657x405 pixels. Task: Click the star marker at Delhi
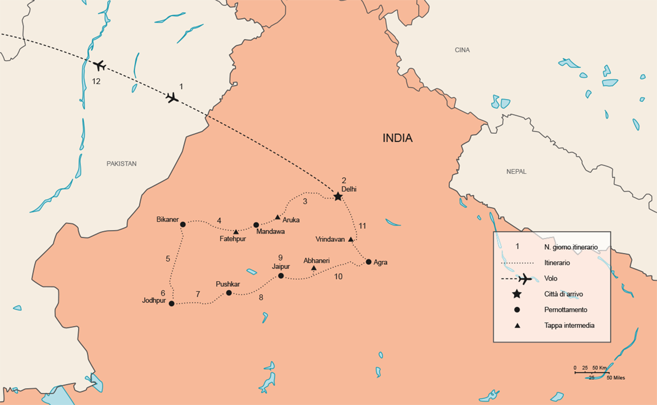point(337,196)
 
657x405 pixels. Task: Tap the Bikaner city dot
point(182,224)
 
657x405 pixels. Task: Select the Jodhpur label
point(154,301)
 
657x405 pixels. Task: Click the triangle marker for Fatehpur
point(236,232)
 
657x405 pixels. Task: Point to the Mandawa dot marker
point(256,225)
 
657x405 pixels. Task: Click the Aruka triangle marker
point(277,217)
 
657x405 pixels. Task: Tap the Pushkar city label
point(227,284)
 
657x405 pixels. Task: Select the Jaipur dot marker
point(281,276)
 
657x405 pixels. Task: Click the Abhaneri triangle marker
point(313,268)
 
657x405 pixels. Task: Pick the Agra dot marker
point(368,262)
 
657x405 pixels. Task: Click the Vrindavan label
point(330,239)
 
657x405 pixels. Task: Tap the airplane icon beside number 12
point(99,65)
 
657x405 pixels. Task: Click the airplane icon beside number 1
point(172,98)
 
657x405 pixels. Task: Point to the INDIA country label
point(398,138)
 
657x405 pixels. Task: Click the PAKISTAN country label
point(121,164)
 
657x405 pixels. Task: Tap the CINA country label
point(462,50)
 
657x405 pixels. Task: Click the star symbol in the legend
point(517,294)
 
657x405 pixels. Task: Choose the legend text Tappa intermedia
point(569,325)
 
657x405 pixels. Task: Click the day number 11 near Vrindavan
point(362,226)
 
